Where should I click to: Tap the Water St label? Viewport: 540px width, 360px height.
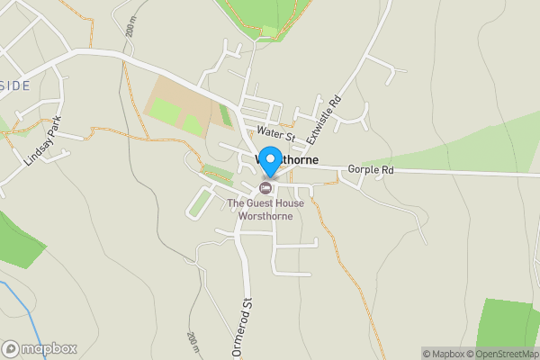[274, 133]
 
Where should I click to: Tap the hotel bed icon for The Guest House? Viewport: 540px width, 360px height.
[265, 188]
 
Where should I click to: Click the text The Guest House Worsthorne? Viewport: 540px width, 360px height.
[265, 210]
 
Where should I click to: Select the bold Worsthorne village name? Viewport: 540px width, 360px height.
[286, 159]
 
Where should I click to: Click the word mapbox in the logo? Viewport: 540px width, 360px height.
[49, 348]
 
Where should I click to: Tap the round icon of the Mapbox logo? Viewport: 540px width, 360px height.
[11, 348]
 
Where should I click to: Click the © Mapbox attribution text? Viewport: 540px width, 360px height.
[442, 354]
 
